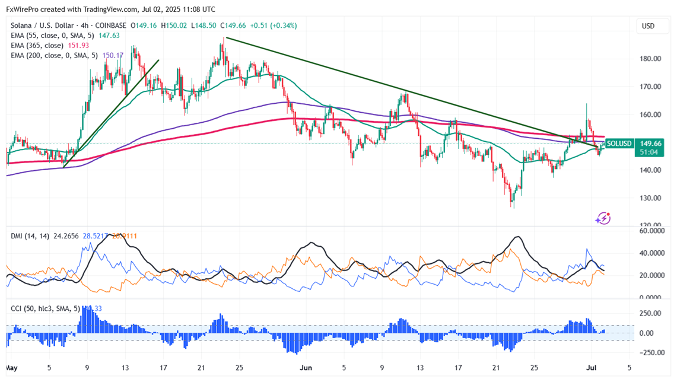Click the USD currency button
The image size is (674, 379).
[648, 26]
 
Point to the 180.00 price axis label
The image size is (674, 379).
[650, 59]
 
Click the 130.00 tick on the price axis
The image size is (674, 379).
[650, 198]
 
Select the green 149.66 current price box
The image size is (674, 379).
[651, 144]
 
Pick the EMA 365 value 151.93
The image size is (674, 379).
[96, 46]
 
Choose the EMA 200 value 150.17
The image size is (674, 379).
[113, 56]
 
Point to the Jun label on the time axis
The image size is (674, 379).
[306, 367]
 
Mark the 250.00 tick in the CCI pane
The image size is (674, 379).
[650, 314]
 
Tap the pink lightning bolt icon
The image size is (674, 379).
[603, 218]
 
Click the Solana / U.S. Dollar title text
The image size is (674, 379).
[44, 26]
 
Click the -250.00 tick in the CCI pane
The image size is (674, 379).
[650, 352]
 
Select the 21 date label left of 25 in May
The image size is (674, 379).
[201, 367]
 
